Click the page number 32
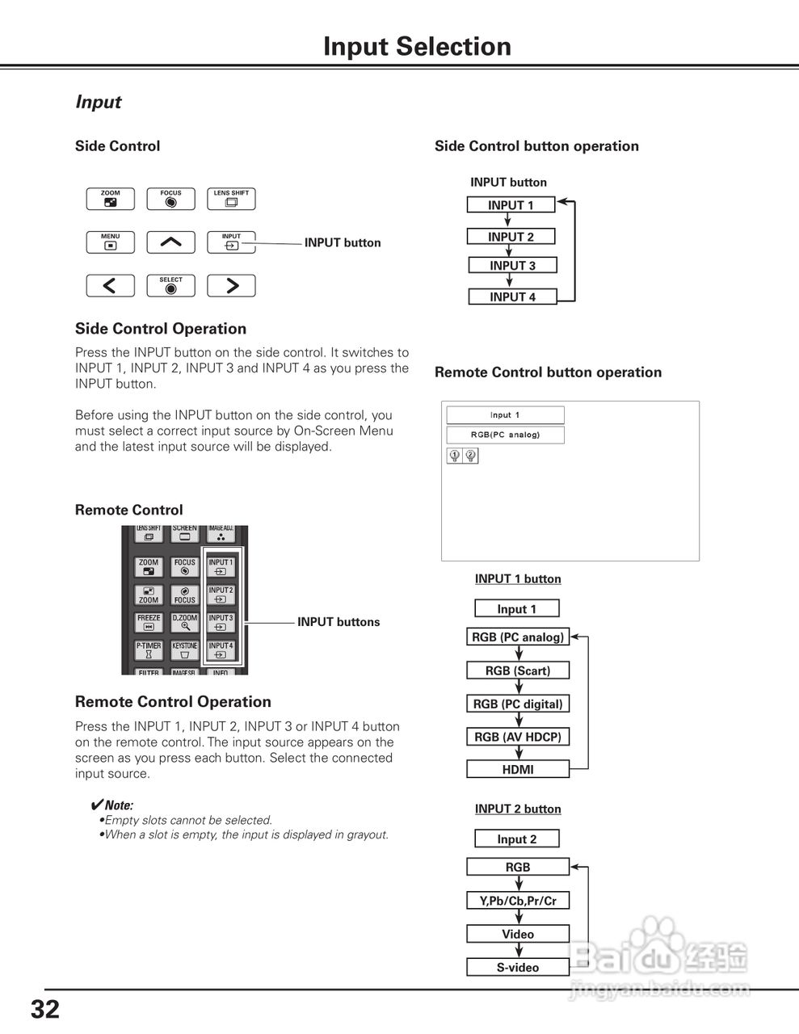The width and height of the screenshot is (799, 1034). tap(45, 1009)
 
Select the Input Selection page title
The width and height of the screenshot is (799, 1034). tap(417, 47)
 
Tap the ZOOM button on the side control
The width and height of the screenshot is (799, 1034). tap(110, 200)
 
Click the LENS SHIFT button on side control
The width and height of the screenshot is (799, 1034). tap(231, 200)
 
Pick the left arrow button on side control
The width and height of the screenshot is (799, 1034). tap(110, 286)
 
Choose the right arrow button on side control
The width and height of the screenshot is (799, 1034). tap(231, 286)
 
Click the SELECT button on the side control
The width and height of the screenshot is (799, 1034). tap(170, 286)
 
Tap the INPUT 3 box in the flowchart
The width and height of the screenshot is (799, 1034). tap(512, 266)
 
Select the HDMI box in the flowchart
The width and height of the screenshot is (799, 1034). tap(518, 770)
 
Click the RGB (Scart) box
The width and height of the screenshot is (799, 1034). tap(518, 670)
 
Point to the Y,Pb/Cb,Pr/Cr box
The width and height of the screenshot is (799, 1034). tap(518, 901)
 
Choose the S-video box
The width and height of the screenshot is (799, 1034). tap(518, 967)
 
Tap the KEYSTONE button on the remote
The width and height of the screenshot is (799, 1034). tap(185, 650)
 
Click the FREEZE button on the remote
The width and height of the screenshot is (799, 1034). tap(149, 622)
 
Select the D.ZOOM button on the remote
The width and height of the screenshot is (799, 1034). tap(185, 622)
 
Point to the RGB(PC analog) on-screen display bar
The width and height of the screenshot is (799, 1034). tap(506, 435)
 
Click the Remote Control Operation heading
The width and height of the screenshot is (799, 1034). tap(173, 702)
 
